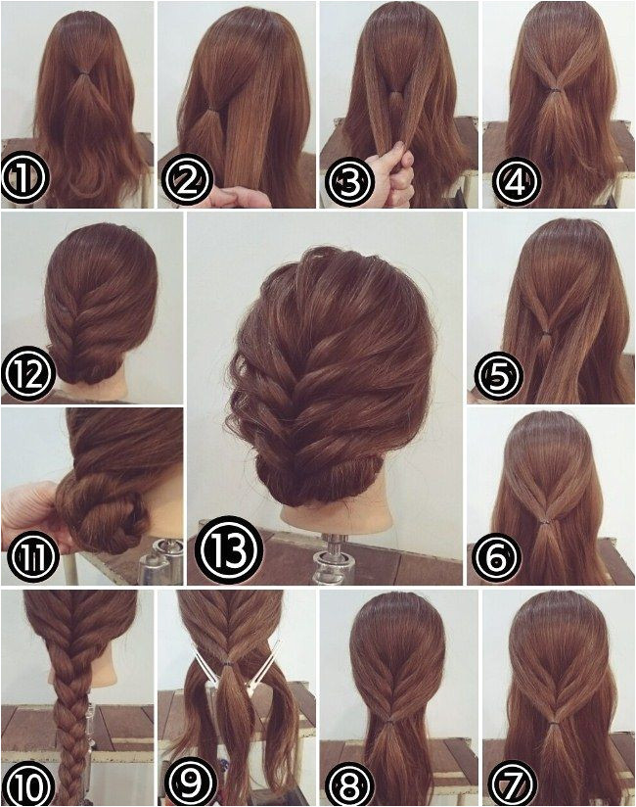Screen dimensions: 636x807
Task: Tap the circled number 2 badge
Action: tap(186, 180)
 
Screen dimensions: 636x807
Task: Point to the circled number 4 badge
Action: tap(517, 182)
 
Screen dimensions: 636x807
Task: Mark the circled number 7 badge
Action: tap(517, 780)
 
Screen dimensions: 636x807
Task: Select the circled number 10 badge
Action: tap(28, 780)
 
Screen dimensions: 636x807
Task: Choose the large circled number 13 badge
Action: tap(229, 549)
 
